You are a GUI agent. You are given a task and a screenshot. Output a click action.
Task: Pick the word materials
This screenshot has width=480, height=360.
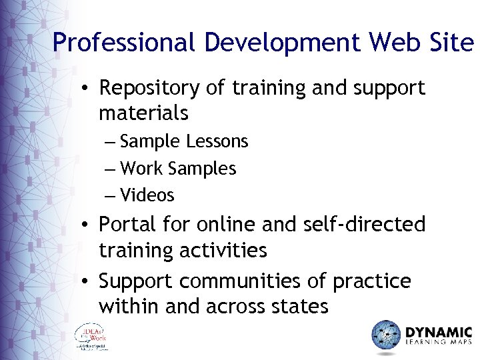tap(143, 113)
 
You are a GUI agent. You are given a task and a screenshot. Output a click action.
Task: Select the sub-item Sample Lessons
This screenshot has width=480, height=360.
tap(184, 141)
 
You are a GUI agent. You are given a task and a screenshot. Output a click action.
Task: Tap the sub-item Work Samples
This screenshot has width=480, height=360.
tap(178, 169)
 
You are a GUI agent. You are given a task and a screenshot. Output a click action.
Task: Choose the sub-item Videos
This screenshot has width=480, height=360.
tap(147, 195)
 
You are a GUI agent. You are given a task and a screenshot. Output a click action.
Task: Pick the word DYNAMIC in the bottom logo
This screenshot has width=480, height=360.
tap(438, 331)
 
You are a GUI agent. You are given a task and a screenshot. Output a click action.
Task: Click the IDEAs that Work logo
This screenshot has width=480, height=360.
tap(91, 337)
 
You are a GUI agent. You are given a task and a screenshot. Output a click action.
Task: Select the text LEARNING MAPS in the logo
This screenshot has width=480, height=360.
tap(438, 344)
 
